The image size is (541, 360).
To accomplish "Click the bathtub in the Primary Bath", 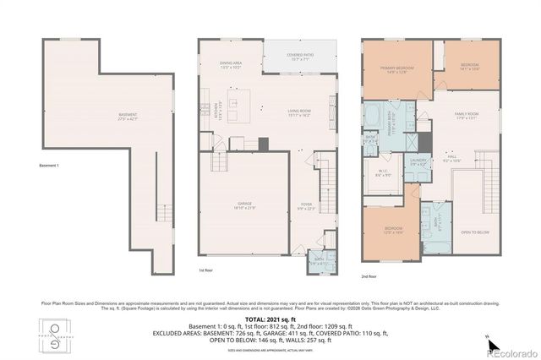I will pyautogui.click(x=372, y=117).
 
